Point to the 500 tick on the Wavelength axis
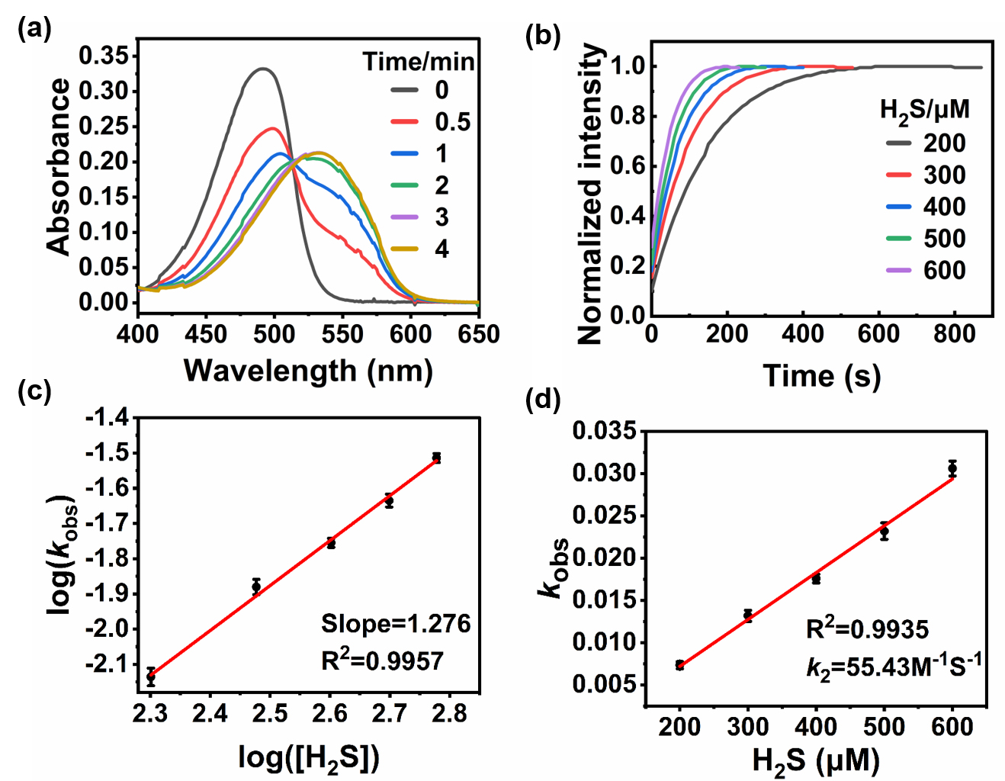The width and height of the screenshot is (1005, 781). pos(274,334)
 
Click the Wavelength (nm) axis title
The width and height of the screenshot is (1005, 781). pos(308,371)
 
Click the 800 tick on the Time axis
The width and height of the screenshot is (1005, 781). pos(954,333)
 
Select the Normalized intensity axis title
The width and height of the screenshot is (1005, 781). pos(592,194)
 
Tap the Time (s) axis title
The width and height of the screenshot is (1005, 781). pos(821,376)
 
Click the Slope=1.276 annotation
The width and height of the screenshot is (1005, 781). pos(396,624)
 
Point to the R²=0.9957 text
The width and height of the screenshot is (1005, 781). pos(383,660)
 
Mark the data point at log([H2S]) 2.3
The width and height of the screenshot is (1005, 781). pos(151,677)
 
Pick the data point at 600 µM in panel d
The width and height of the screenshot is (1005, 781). pos(952,468)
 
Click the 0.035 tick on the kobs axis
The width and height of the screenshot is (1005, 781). pos(604,431)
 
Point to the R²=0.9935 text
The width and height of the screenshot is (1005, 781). pos(867,629)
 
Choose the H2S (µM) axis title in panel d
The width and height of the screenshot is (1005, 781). pos(815,761)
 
